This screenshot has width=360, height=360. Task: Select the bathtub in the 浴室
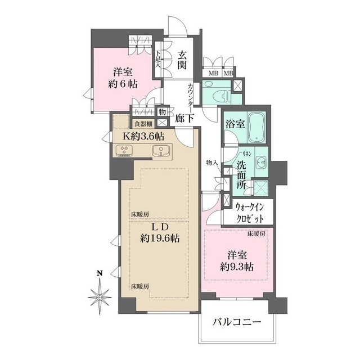[256, 128]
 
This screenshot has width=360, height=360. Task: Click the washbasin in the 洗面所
[261, 161]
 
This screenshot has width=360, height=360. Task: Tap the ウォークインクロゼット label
[250, 213]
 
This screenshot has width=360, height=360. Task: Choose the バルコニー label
[237, 322]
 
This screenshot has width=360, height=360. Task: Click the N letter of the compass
[100, 273]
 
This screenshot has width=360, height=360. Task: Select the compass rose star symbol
[100, 297]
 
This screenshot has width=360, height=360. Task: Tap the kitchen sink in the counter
[161, 150]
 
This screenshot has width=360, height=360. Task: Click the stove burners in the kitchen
[124, 151]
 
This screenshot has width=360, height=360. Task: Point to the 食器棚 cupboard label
[143, 124]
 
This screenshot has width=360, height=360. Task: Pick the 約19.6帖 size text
[160, 238]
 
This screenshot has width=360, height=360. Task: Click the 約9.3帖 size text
[237, 267]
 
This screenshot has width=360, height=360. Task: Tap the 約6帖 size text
[123, 84]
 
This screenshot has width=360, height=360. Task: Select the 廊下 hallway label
[184, 118]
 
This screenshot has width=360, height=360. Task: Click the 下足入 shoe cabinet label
[158, 58]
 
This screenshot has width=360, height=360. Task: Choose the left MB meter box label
[213, 74]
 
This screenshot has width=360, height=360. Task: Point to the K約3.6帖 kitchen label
[143, 137]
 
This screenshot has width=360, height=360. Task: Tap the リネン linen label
[246, 152]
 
